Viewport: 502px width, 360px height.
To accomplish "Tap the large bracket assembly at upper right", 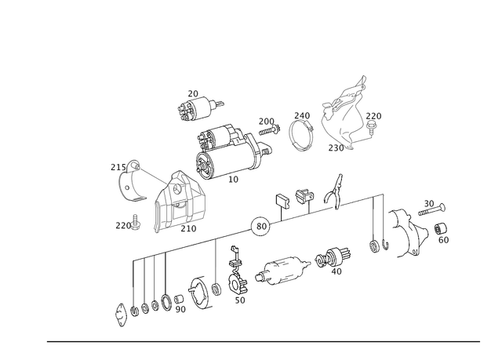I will [x=349, y=114].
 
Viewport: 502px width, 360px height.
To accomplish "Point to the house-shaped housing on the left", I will [x=180, y=202].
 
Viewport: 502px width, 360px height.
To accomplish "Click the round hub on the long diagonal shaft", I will [x=259, y=226].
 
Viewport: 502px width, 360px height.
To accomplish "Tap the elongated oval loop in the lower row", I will [x=285, y=271].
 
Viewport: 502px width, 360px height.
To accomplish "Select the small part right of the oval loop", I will [x=333, y=259].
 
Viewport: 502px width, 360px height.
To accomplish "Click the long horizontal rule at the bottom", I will [x=263, y=340].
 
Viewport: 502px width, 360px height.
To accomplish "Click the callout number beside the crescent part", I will [x=113, y=166].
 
